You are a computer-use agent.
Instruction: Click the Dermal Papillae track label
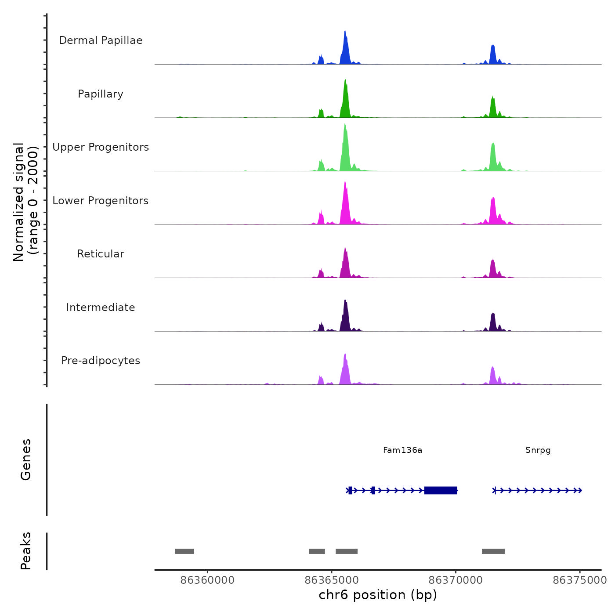pos(101,40)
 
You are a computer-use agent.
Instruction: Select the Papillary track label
pos(101,94)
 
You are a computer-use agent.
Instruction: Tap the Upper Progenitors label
pos(101,147)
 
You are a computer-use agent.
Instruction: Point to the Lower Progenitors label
pos(101,201)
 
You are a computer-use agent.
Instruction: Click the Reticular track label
pos(101,254)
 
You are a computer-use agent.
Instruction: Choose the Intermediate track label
pos(101,307)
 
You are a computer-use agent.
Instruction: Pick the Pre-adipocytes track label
pos(101,361)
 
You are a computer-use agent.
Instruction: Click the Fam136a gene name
pos(402,450)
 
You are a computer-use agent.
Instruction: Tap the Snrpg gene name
pos(538,450)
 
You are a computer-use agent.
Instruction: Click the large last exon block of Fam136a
pos(441,490)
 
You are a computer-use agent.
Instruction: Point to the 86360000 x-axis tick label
pos(207,580)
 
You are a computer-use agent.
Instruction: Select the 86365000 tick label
pos(332,580)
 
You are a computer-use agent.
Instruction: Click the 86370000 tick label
pos(456,580)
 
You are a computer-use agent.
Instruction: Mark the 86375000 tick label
pos(579,580)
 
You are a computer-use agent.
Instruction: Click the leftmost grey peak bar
pos(184,551)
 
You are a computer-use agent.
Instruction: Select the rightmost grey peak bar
pos(493,551)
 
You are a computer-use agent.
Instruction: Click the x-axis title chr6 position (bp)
pos(378,595)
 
